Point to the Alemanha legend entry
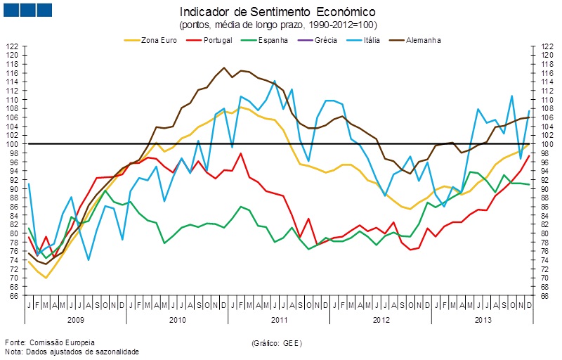click(422, 40)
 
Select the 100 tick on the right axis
click(544, 144)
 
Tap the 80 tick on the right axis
click(544, 233)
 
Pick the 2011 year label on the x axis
click(280, 319)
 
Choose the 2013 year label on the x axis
click(483, 319)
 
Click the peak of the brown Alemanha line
click(224, 67)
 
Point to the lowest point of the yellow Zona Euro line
click(46, 278)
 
